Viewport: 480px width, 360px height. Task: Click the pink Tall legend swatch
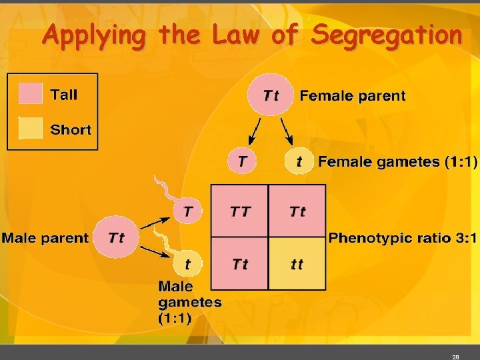31,94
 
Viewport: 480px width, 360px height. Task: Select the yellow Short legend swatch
31,129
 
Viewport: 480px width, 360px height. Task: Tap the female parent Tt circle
271,95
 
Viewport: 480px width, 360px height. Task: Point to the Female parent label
352,95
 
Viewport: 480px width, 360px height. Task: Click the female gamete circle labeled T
241,161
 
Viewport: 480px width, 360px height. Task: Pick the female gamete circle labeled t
299,161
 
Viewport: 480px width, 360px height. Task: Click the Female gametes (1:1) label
397,161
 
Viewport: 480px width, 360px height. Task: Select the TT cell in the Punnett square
240,211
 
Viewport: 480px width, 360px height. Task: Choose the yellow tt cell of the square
297,264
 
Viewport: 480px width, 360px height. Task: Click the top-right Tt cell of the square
297,211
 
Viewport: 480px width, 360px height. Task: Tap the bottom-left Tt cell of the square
240,264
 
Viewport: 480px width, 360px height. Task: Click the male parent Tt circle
116,237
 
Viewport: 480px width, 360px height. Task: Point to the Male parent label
45,237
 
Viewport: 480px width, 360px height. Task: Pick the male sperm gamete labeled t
187,264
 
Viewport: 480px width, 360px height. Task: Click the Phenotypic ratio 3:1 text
403,237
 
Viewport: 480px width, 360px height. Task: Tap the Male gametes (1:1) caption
189,302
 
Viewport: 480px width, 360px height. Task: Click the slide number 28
455,357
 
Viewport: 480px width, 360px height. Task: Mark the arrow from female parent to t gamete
286,131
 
